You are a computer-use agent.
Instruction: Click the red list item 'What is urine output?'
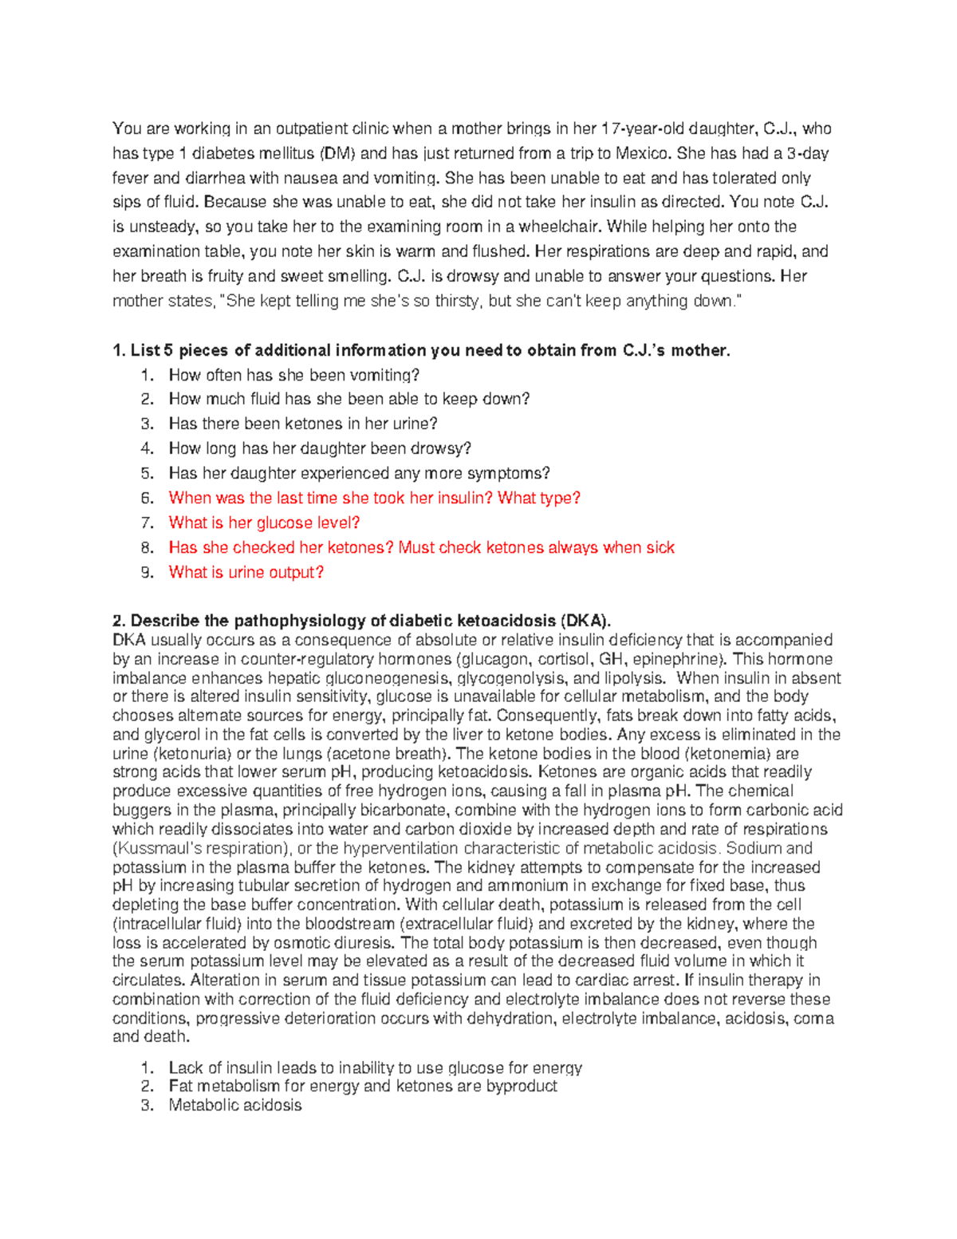point(246,572)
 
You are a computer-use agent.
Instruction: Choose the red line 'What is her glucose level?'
point(264,523)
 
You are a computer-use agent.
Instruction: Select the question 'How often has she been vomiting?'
point(293,375)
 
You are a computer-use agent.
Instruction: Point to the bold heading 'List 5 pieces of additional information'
point(421,350)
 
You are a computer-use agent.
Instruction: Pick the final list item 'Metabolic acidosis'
point(235,1105)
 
